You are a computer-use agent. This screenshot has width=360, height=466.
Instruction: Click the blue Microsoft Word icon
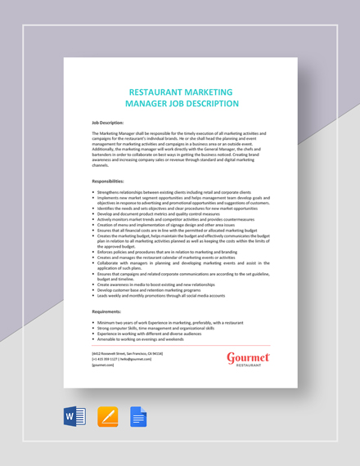coord(74,418)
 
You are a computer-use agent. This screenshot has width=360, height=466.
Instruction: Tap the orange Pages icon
coord(108,418)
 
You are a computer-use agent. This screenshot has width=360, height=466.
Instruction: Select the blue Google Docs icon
coord(138,418)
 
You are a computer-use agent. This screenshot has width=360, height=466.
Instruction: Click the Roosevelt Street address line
coord(127,353)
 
